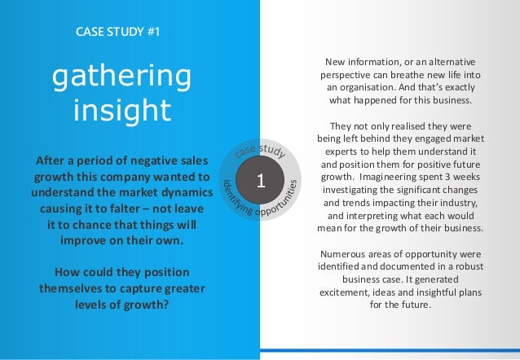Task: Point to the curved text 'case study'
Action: pyautogui.click(x=258, y=148)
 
